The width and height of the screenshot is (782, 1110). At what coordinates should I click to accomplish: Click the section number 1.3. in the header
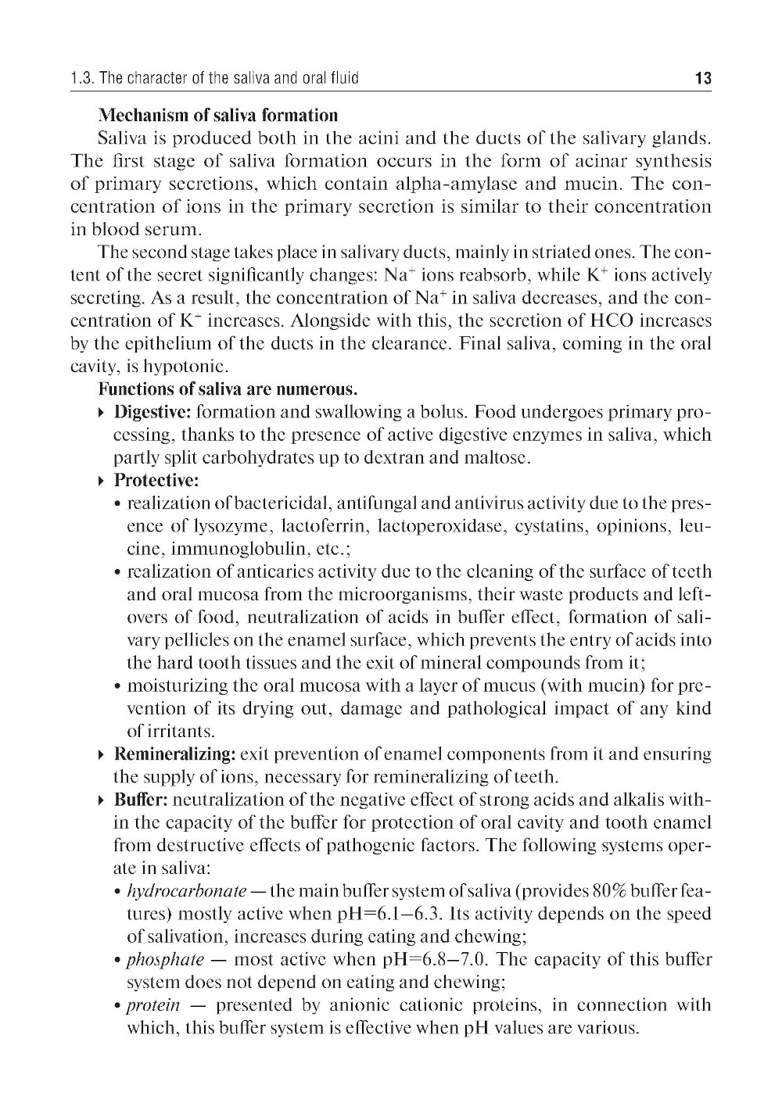(83, 78)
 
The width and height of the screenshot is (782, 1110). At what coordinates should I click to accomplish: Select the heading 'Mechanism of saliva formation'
(218, 116)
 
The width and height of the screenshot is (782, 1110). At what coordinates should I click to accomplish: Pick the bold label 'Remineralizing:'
(175, 754)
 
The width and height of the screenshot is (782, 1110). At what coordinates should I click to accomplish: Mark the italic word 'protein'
(153, 1004)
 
